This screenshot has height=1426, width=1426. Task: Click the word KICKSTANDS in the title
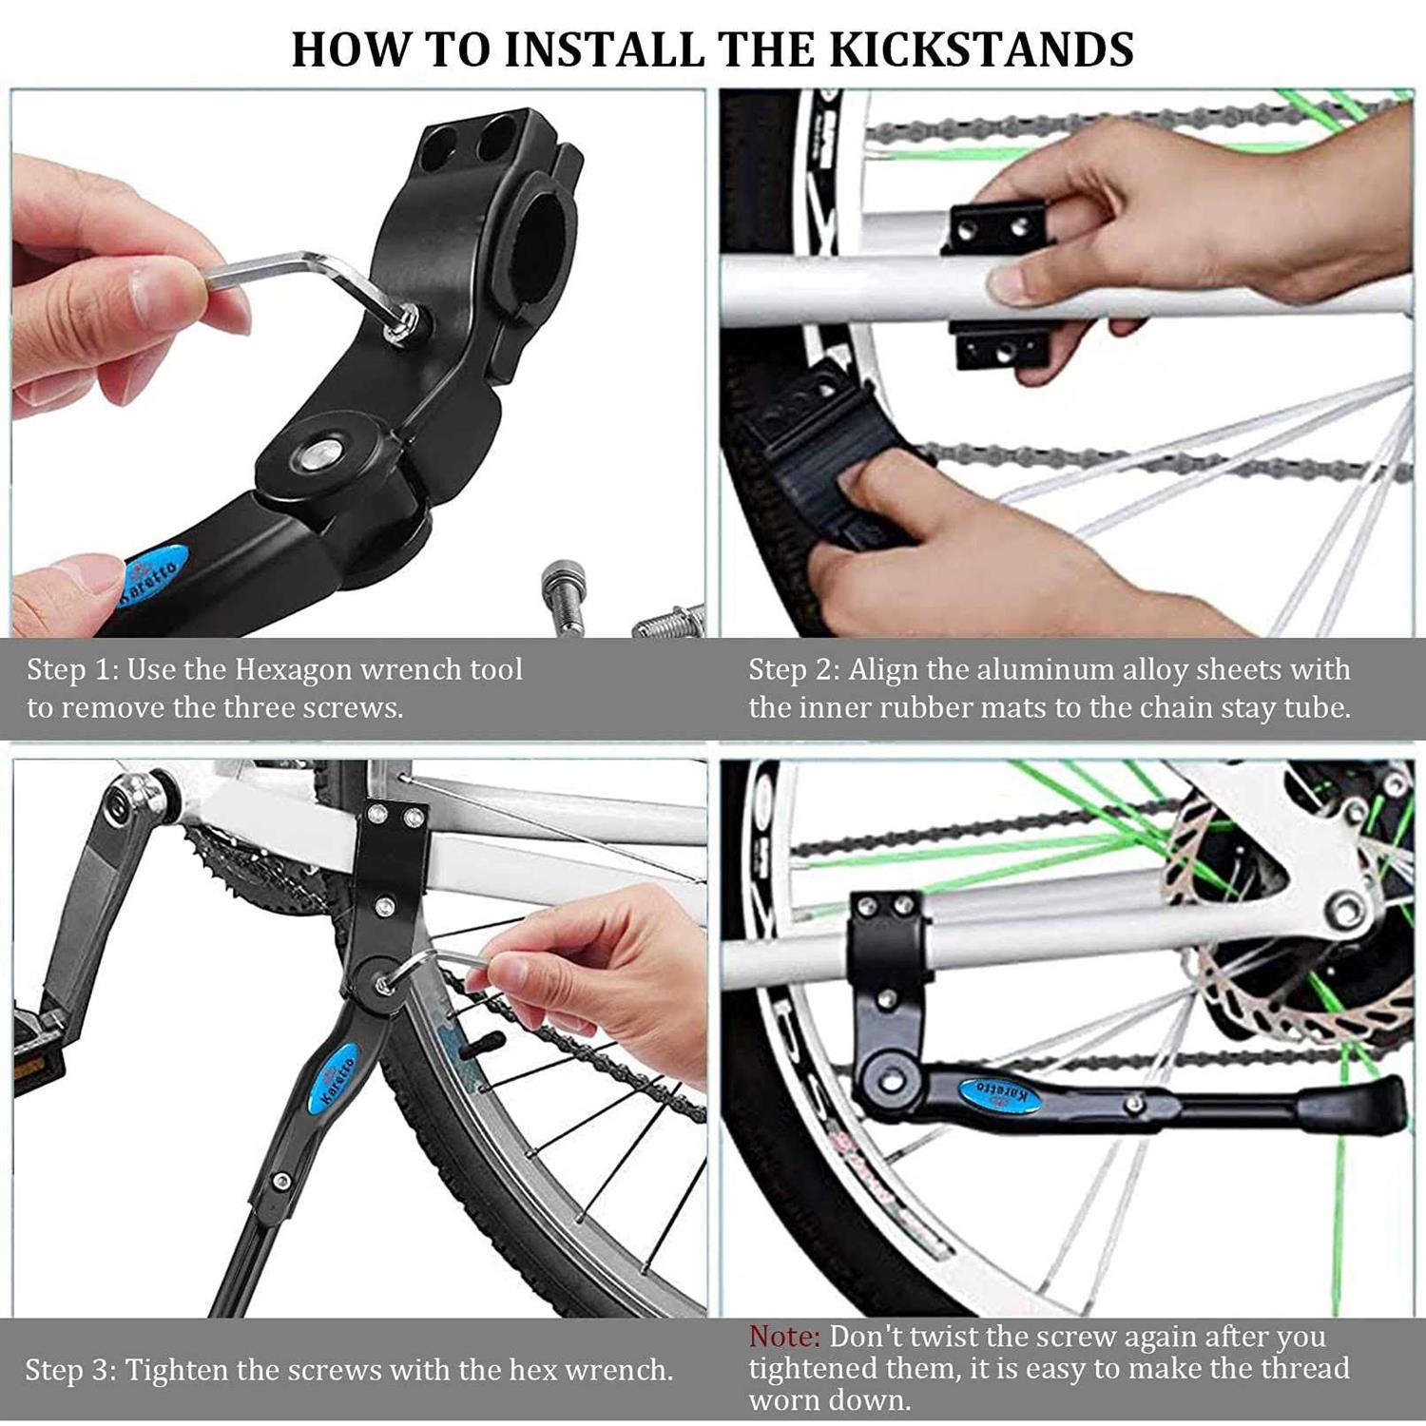click(982, 49)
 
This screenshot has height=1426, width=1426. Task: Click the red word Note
click(783, 1336)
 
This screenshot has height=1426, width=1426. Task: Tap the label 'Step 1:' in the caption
click(72, 669)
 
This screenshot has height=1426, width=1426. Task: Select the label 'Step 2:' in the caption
click(794, 669)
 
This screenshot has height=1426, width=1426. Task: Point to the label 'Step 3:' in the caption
click(71, 1370)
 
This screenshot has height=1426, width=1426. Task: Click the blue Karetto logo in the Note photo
click(998, 1094)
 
